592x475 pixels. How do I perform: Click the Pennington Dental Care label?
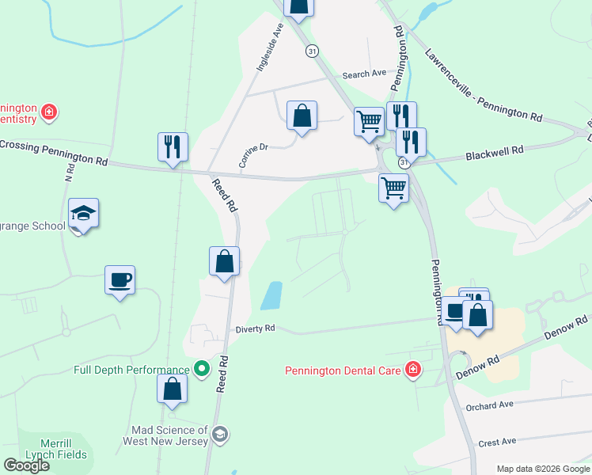[x=344, y=370]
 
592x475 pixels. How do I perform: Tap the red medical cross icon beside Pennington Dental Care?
[x=412, y=370]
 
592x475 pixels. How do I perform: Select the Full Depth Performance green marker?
[x=202, y=370]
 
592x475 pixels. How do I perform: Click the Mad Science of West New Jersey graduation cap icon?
[x=220, y=435]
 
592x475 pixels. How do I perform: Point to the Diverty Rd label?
[x=255, y=328]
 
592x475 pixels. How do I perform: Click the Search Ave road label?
[x=364, y=74]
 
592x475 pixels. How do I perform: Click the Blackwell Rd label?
[x=495, y=150]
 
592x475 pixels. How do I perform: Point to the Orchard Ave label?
[x=490, y=406]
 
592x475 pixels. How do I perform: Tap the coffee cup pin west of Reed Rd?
[x=120, y=279]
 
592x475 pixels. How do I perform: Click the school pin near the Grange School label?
[x=83, y=213]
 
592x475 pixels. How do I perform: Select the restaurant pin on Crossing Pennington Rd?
[x=173, y=146]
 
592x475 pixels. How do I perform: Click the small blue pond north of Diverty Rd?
[x=271, y=296]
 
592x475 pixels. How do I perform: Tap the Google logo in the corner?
[x=27, y=465]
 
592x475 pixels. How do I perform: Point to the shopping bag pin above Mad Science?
[x=172, y=389]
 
